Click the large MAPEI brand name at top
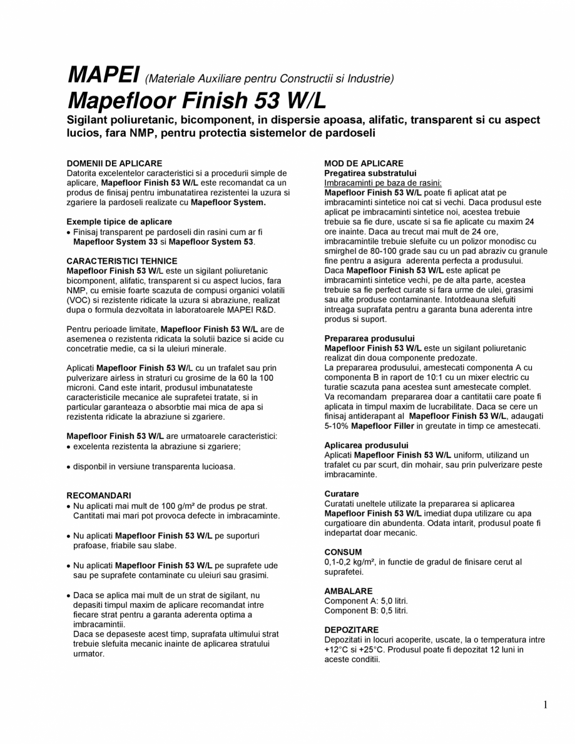click(x=103, y=75)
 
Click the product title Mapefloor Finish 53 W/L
click(x=197, y=100)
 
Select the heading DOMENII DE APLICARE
click(x=114, y=163)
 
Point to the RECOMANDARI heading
click(x=99, y=495)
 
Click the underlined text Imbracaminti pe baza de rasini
click(x=382, y=183)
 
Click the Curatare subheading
click(x=342, y=494)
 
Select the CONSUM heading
click(x=343, y=552)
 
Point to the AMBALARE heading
click(x=349, y=591)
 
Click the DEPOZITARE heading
click(x=352, y=630)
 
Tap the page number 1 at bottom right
click(x=546, y=705)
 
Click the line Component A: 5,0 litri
click(x=366, y=601)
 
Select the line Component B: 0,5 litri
click(x=366, y=610)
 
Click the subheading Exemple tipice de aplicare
click(x=119, y=222)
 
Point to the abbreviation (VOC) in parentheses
click(x=78, y=299)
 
